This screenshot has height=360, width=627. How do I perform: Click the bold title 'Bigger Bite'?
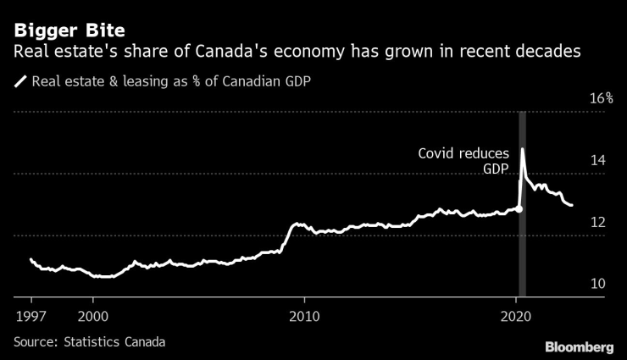click(69, 30)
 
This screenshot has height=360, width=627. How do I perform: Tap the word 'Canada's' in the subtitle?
click(231, 53)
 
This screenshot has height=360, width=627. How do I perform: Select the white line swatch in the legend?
click(19, 83)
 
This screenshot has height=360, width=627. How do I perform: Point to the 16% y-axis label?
click(601, 98)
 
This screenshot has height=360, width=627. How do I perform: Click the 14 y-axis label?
click(597, 160)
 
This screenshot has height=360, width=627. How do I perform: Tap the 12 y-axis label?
click(597, 222)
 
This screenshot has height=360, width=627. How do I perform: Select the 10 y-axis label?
click(597, 284)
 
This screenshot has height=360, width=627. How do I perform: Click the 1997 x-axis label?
click(31, 316)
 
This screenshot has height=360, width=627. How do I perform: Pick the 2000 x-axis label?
click(92, 316)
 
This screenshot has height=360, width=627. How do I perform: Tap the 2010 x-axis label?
click(304, 316)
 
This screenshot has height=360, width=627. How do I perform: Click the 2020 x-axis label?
click(516, 316)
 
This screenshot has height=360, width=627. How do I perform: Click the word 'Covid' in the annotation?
click(438, 153)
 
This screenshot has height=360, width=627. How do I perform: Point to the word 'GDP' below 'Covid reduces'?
click(496, 169)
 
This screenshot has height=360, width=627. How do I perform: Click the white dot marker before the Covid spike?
click(519, 208)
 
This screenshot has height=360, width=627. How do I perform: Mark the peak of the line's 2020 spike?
click(523, 149)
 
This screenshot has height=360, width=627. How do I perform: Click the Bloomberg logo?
click(578, 347)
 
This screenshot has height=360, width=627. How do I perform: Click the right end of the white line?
click(571, 205)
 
